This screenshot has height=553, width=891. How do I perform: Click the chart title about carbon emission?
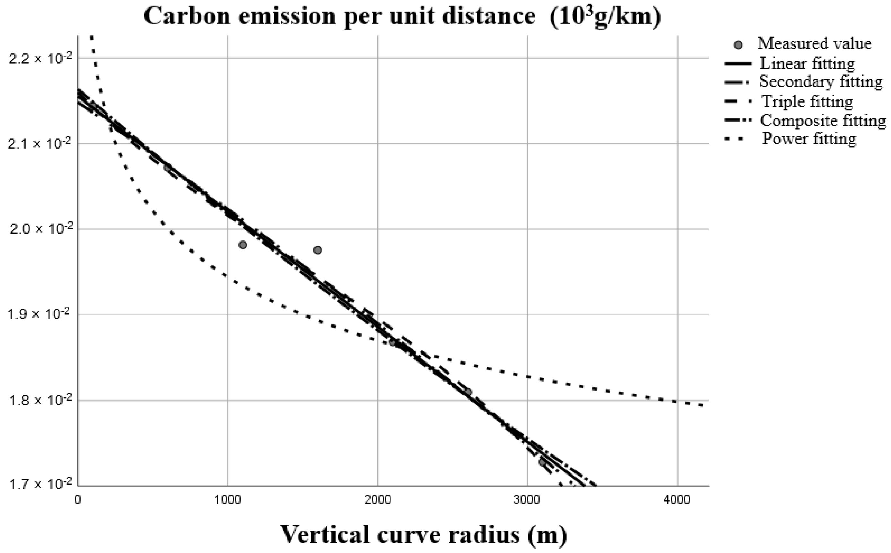pyautogui.click(x=402, y=16)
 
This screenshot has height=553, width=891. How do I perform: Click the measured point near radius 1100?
pyautogui.click(x=242, y=245)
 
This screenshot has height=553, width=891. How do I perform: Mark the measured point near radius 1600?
pyautogui.click(x=318, y=250)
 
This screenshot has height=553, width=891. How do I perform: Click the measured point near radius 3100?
pyautogui.click(x=542, y=462)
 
